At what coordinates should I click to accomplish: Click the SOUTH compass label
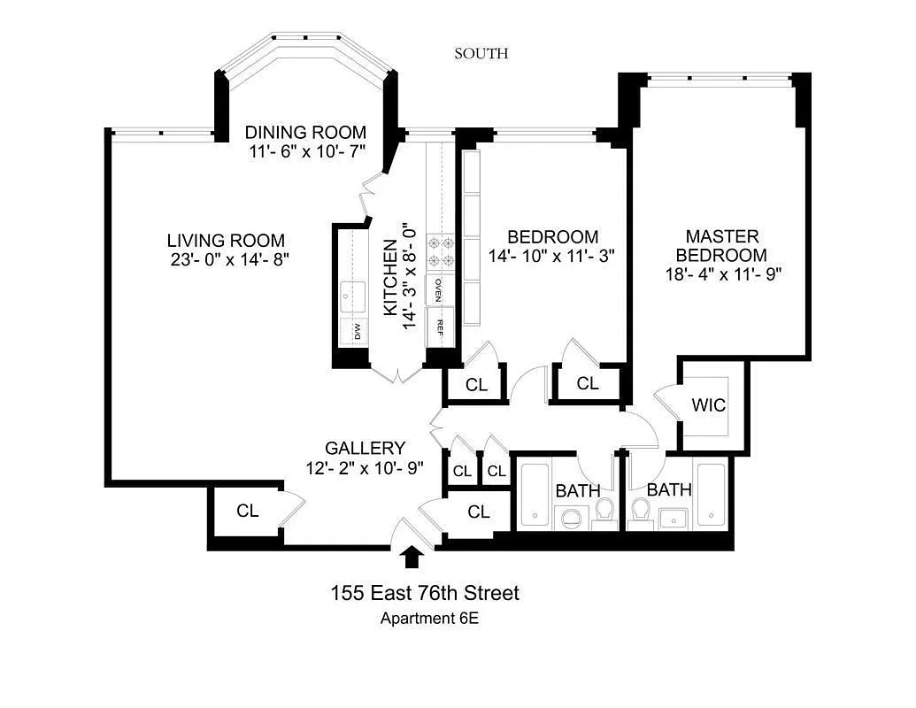[481, 54]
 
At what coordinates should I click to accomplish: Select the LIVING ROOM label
[226, 240]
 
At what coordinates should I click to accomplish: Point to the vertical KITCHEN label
[389, 278]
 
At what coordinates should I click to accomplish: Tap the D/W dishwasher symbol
[358, 332]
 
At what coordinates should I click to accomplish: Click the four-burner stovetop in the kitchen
[441, 251]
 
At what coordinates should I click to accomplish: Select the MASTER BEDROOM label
[722, 245]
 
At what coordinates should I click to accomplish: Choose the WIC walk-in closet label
[708, 405]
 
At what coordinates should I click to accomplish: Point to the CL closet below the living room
[247, 511]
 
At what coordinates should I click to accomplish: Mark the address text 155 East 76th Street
[425, 593]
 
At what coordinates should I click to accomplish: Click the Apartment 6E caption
[429, 619]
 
